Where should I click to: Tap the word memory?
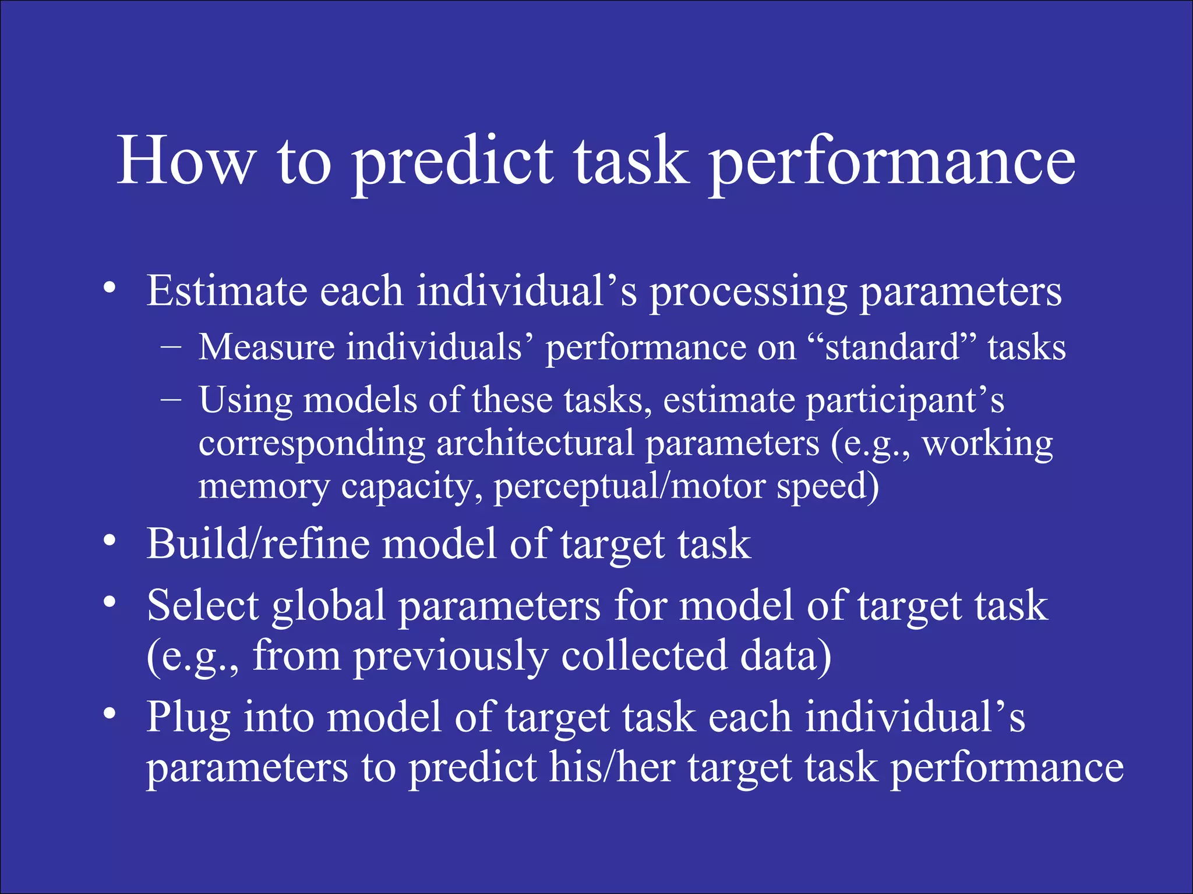263,487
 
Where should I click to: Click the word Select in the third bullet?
203,605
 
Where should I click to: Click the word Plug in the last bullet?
188,718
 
